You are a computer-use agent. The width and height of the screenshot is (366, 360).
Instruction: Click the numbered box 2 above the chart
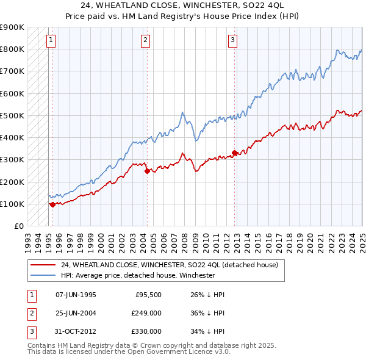(146, 41)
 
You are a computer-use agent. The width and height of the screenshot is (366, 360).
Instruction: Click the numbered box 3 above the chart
(233, 41)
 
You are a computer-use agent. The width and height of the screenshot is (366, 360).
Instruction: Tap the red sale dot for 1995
(52, 205)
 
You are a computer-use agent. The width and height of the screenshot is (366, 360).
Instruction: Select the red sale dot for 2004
(147, 171)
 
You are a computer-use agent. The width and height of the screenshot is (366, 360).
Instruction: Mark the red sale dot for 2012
(235, 153)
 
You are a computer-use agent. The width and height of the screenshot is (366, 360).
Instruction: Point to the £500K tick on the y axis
(12, 115)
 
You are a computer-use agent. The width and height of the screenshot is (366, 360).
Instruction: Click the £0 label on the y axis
(18, 226)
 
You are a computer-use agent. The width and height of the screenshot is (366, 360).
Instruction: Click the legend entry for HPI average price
(138, 275)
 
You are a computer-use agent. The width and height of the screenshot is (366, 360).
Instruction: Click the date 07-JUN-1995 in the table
(76, 295)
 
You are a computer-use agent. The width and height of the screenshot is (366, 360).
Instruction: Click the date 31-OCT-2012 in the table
(76, 331)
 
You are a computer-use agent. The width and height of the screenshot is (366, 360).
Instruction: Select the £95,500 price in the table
(148, 295)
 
